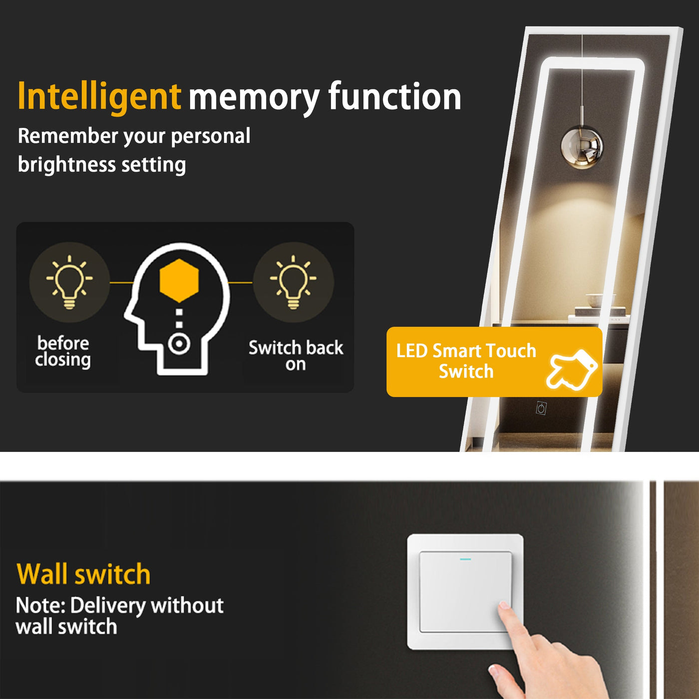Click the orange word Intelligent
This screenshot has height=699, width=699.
99,97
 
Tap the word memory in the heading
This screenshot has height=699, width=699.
254,98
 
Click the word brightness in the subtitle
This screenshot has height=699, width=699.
66,165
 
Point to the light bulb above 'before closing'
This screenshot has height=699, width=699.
69,282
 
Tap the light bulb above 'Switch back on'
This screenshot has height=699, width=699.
293,282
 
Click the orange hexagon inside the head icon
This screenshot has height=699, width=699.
179,281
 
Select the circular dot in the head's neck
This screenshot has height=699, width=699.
179,344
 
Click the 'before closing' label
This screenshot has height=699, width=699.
63,352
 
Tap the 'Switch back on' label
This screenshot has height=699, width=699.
296,355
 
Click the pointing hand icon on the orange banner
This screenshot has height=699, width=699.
571,369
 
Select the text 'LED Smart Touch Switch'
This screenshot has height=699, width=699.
466,361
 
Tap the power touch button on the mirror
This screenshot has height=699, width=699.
541,408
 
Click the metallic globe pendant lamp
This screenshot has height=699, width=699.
582,147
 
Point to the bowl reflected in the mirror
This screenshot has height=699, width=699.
596,301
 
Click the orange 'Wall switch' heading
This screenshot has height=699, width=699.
83,574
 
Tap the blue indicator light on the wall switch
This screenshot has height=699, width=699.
465,559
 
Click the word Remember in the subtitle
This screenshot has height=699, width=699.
68,136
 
